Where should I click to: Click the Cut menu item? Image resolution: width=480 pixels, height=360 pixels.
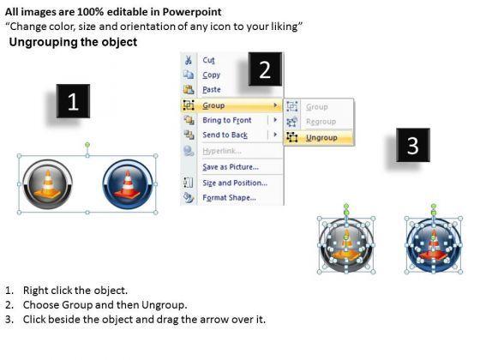(208, 60)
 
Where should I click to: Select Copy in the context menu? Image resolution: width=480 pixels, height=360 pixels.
(211, 75)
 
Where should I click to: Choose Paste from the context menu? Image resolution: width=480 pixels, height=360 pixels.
(212, 89)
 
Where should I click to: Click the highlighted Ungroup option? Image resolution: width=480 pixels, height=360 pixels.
(321, 138)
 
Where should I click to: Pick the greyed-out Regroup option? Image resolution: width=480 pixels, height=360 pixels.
(321, 122)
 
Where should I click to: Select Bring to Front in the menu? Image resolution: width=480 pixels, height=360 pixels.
(227, 120)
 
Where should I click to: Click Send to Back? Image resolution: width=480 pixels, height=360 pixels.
(225, 135)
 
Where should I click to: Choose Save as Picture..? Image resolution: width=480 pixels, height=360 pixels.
(231, 167)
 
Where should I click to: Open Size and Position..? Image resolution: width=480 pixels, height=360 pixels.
(235, 183)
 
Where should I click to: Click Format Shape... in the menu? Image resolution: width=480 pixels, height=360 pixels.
(230, 197)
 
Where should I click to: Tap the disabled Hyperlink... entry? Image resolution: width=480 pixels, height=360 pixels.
(222, 151)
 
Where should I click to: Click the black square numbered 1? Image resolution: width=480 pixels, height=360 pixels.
(73, 101)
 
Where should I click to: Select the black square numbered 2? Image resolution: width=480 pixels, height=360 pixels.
(265, 69)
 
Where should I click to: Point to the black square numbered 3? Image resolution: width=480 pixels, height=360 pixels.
(413, 145)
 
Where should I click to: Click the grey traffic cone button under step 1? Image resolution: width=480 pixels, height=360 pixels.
(47, 184)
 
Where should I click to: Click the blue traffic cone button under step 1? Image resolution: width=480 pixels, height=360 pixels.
(128, 184)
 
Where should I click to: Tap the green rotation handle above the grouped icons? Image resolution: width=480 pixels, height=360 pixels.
(87, 144)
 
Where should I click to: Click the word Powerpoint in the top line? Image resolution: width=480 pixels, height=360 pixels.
(192, 12)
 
